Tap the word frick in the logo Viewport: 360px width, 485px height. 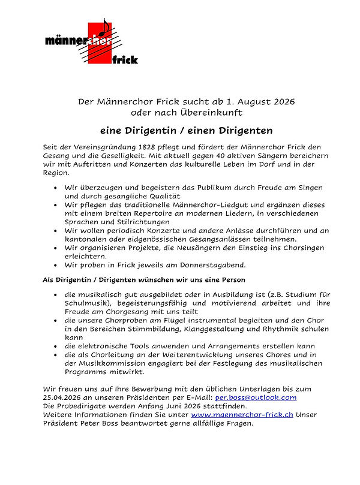coord(125,59)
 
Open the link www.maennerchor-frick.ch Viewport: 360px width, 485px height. coord(243,414)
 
